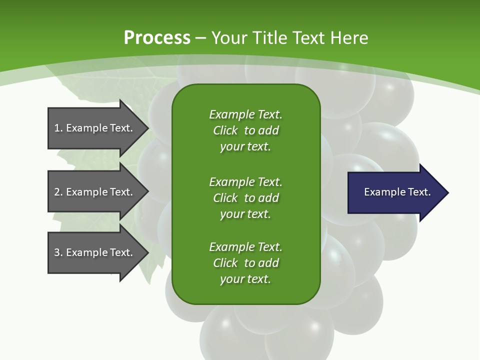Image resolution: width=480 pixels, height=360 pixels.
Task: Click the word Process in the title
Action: coord(157,37)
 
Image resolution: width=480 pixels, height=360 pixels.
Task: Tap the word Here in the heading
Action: coord(349,37)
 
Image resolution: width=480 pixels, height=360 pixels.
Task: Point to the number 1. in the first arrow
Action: coord(58,128)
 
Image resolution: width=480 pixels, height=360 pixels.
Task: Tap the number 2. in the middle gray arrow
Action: coord(58,192)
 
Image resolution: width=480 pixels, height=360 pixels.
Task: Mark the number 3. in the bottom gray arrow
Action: coord(58,252)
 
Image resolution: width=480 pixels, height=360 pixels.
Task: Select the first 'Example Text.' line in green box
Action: coord(245,114)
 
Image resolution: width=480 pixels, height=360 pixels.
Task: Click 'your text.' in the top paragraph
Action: coord(245,147)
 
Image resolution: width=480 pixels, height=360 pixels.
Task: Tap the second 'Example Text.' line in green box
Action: coord(245,181)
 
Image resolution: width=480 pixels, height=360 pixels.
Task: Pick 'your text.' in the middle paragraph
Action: coord(245,214)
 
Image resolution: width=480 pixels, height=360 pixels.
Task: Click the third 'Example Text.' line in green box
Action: coord(245,247)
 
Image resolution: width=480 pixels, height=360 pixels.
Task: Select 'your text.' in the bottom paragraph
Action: coord(245,279)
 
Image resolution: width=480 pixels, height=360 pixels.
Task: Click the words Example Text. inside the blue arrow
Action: coord(397,192)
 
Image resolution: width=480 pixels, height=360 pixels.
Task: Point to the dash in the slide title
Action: coord(200,38)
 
